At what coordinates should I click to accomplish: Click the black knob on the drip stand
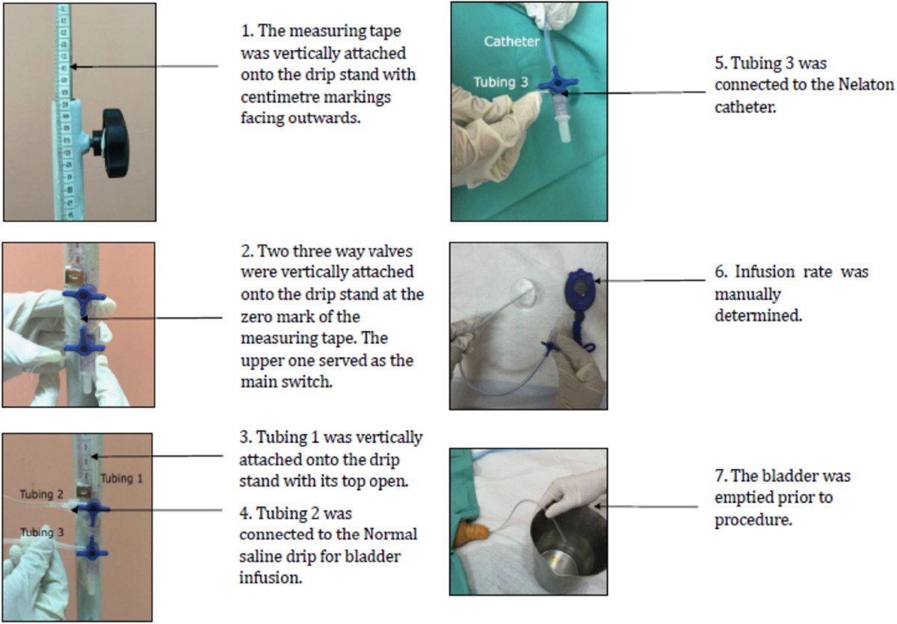click(x=114, y=143)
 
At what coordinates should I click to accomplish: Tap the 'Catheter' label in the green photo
click(x=511, y=41)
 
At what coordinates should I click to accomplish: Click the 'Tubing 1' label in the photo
click(x=121, y=478)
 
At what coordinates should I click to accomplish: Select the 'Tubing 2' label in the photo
click(x=42, y=495)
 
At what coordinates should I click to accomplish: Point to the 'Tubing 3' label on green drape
click(x=501, y=82)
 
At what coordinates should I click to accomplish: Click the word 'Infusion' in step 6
click(x=765, y=272)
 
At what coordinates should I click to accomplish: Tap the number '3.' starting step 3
click(x=246, y=437)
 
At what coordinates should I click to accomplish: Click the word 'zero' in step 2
click(x=256, y=317)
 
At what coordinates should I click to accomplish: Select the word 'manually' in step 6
click(x=748, y=294)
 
